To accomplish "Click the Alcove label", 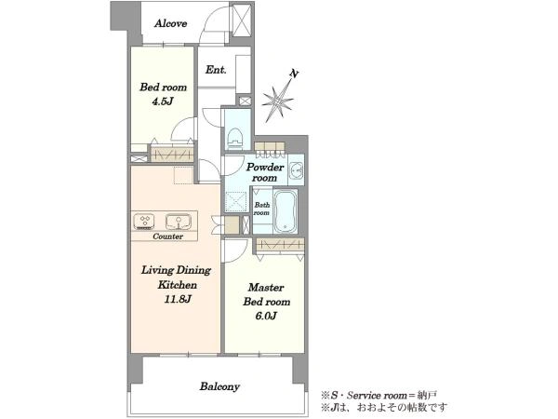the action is pyautogui.click(x=171, y=23).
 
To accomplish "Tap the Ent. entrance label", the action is pyautogui.click(x=216, y=70).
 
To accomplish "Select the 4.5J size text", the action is pyautogui.click(x=163, y=101).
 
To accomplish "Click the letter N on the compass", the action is pyautogui.click(x=294, y=74).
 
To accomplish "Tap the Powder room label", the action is pyautogui.click(x=265, y=172).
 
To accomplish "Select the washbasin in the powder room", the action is pyautogui.click(x=296, y=170).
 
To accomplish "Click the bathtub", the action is pyautogui.click(x=286, y=211).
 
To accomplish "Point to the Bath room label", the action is pyautogui.click(x=261, y=209).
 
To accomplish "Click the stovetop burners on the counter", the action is pyautogui.click(x=144, y=222).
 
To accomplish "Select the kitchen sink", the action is pyautogui.click(x=179, y=222).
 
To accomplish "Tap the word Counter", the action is pyautogui.click(x=167, y=237).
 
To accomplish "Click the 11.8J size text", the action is pyautogui.click(x=178, y=299).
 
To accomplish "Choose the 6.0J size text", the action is pyautogui.click(x=266, y=316).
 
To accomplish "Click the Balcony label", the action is pyautogui.click(x=219, y=386).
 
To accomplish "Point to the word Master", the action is pyautogui.click(x=266, y=287).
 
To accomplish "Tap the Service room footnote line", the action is pyautogui.click(x=379, y=395).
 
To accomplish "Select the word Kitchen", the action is pyautogui.click(x=178, y=285).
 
